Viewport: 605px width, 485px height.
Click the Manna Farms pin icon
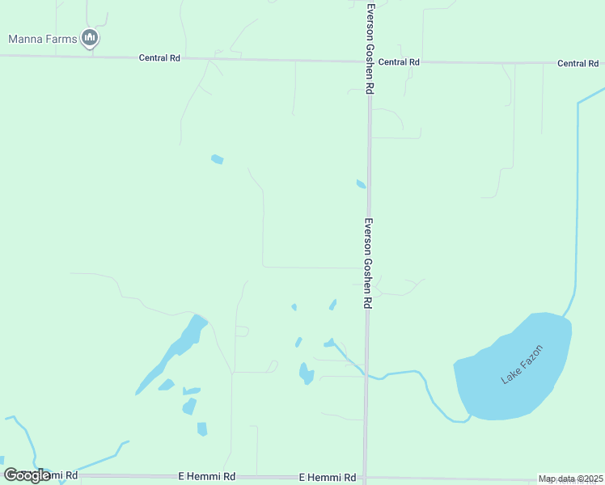tap(90, 38)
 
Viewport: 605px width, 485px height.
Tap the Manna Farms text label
tap(42, 38)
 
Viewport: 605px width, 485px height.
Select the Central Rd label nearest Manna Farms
tap(159, 58)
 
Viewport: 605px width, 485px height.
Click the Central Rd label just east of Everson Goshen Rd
tap(399, 62)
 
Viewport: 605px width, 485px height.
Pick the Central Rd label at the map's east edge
tap(577, 63)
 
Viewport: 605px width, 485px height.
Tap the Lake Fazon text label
tap(522, 365)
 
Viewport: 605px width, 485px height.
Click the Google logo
tap(27, 475)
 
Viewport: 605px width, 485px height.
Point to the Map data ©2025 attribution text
tap(571, 479)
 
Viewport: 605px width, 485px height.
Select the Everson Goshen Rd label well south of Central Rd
tap(367, 263)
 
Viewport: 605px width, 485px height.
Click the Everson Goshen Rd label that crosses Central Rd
tap(370, 48)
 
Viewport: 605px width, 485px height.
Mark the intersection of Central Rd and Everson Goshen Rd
tap(369, 61)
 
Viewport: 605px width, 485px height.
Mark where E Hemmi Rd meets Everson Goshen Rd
tap(366, 478)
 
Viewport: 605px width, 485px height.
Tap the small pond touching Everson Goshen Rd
tap(361, 184)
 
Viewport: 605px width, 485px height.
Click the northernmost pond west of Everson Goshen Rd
tap(217, 159)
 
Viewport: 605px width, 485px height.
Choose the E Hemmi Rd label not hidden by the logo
tap(328, 478)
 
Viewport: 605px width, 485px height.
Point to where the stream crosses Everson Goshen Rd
tap(366, 377)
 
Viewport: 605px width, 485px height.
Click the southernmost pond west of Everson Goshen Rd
tap(202, 429)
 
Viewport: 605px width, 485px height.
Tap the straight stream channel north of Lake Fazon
tap(577, 202)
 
